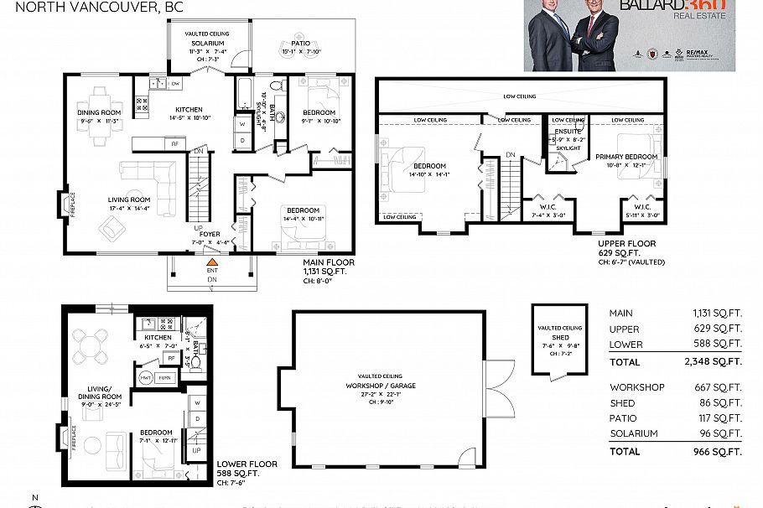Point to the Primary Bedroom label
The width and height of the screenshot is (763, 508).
point(626,156)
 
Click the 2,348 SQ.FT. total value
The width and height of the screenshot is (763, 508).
point(717,362)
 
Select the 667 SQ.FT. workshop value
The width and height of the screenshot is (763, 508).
point(723,387)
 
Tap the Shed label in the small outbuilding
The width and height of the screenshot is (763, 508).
point(560,337)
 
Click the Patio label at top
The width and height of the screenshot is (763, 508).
point(301,43)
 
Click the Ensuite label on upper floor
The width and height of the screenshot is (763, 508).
point(568,132)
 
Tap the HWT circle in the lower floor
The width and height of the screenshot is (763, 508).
point(146,377)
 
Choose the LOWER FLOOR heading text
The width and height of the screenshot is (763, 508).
point(247,463)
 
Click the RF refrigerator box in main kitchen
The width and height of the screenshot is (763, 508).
point(175,143)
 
